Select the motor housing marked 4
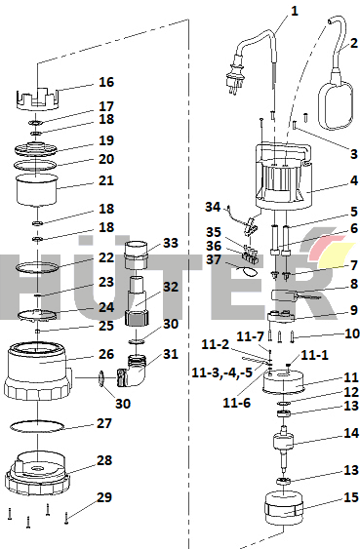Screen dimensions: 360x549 point(284,176)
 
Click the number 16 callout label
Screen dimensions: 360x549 point(106,82)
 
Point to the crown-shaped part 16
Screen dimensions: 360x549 point(38,98)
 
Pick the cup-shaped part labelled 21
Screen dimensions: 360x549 point(37,191)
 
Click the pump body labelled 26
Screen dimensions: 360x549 point(38,372)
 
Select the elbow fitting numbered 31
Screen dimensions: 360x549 point(133,372)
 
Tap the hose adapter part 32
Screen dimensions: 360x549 point(138,301)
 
